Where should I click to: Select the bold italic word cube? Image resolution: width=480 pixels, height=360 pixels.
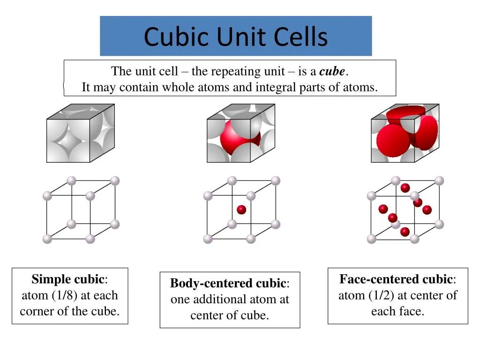coord(332,72)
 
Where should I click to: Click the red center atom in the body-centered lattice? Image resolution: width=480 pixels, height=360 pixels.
coord(241,210)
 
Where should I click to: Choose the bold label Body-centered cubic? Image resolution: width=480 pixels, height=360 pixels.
coord(228,283)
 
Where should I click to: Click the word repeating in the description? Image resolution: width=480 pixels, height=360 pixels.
coord(233,72)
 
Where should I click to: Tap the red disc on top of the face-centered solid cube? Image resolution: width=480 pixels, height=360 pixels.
coord(406,113)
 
